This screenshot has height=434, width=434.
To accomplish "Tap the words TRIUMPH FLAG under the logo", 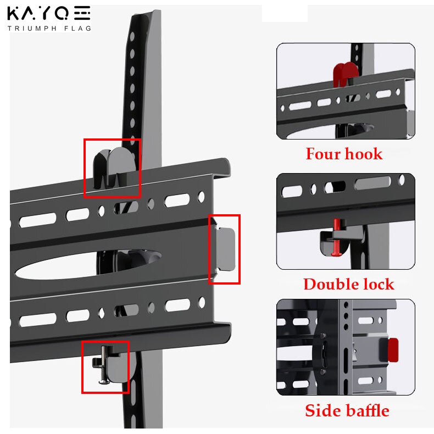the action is click(x=49, y=28).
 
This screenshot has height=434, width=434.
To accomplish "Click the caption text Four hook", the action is click(x=344, y=154).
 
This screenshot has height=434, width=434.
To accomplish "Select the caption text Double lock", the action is click(x=349, y=284).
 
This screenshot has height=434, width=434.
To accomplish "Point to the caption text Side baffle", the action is click(x=347, y=410).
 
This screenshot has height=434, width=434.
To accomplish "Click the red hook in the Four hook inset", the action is click(x=345, y=74).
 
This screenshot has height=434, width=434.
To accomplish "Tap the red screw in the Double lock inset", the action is click(x=337, y=237).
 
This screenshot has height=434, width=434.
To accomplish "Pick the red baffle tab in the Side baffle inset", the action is click(x=393, y=350).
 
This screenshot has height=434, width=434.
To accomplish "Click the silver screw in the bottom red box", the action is click(x=104, y=365).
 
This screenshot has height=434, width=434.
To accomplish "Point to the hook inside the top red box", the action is click(x=114, y=167).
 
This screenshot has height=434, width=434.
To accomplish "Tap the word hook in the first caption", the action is click(x=364, y=154).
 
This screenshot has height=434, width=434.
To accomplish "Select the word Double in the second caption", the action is click(x=331, y=284).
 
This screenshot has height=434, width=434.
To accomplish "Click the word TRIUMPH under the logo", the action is click(x=32, y=28).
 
